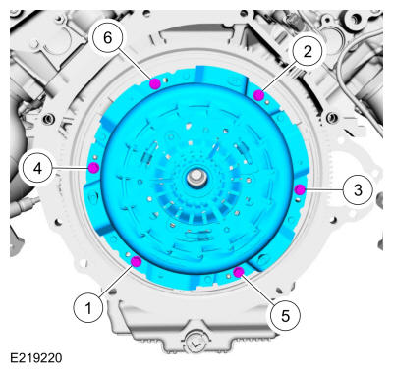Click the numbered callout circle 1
[x=88, y=308]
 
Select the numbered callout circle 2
[x=308, y=51]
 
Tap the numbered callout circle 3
[x=358, y=189]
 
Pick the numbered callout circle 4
[x=37, y=169]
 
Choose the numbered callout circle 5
[x=285, y=316]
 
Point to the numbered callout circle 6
[x=107, y=38]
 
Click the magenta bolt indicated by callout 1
[x=136, y=261]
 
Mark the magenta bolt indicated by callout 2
[x=258, y=95]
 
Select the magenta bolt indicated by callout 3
[x=300, y=189]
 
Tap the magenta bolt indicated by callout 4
[x=93, y=168]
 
